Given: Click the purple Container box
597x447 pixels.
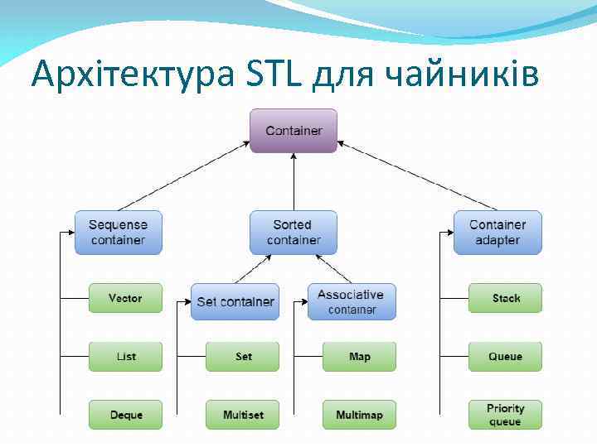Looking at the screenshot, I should (294, 131).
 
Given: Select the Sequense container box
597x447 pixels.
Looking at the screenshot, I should (119, 232).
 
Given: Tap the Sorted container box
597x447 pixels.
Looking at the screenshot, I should (294, 232).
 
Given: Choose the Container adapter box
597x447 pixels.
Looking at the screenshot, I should (498, 232).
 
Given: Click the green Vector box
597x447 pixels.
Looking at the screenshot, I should (125, 298).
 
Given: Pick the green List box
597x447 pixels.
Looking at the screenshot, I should (125, 357).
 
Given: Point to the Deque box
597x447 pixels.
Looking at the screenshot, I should (125, 415).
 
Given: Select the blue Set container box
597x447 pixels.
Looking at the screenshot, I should (235, 301).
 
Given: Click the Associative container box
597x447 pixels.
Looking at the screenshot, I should (352, 301).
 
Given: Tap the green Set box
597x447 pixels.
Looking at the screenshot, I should (243, 357).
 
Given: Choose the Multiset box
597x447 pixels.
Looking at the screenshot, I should (243, 415).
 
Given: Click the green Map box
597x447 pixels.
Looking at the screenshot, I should (359, 357).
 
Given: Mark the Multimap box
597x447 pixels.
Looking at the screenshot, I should (359, 415).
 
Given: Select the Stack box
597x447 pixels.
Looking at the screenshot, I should (505, 298).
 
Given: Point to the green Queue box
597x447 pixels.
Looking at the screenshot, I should (505, 357).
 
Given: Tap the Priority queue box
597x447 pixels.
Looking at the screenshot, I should (505, 415).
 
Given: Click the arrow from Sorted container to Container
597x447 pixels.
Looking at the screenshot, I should (294, 182).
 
